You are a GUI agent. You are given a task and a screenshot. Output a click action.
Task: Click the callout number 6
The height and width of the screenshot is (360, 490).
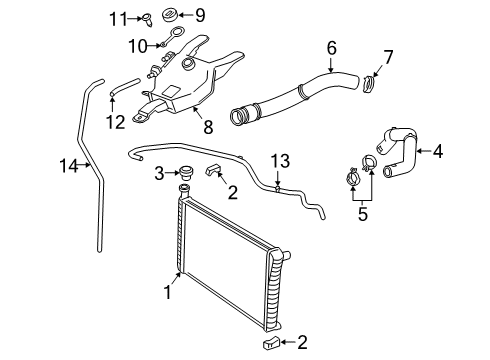pos(331,45)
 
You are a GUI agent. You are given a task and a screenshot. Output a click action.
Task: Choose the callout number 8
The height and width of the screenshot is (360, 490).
pos(208,128)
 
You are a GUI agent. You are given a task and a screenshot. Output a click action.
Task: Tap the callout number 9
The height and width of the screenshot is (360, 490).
pos(199,15)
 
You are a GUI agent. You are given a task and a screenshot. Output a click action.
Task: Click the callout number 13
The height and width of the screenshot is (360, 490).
pos(281,161)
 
